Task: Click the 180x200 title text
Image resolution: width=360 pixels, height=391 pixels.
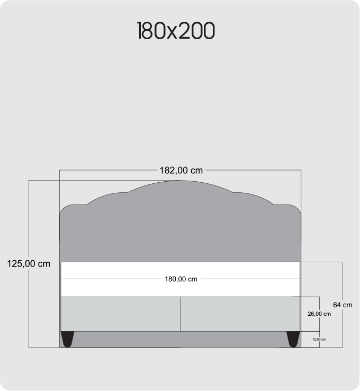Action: [176, 31]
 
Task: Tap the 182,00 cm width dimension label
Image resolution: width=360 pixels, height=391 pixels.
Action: [181, 171]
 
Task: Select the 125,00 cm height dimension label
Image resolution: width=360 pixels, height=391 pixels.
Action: [29, 263]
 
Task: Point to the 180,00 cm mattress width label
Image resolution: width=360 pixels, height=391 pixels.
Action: [181, 279]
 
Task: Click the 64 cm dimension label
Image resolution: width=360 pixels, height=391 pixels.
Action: [343, 305]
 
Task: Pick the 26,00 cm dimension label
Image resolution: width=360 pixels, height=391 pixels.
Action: [319, 314]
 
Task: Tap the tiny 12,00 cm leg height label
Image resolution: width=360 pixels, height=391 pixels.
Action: [319, 340]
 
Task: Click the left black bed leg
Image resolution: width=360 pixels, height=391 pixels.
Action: [67, 339]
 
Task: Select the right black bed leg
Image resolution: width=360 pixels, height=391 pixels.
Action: [292, 339]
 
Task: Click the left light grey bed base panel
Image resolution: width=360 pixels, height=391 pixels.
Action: [120, 314]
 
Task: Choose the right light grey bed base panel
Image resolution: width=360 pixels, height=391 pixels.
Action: [240, 314]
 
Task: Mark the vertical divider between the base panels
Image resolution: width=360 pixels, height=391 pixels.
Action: [180, 314]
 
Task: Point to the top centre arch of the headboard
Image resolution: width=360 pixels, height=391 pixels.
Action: [180, 183]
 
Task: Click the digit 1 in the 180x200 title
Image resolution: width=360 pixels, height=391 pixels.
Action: [140, 31]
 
